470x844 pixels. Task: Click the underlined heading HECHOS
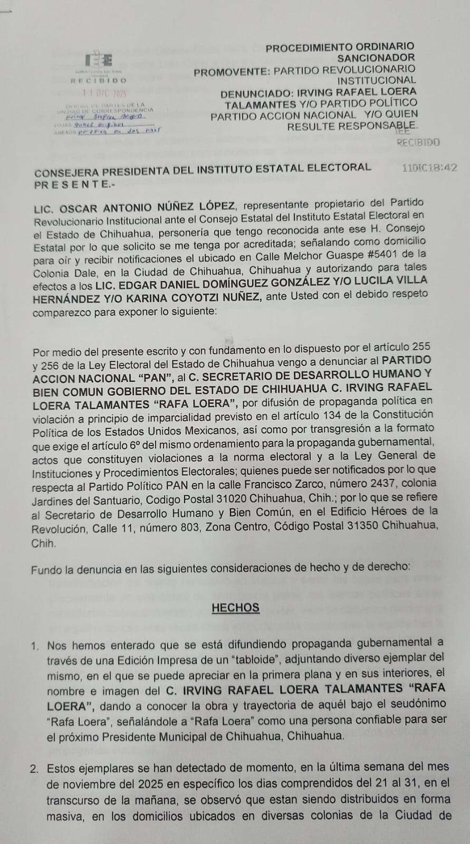click(235, 608)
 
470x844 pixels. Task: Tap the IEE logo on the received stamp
click(99, 59)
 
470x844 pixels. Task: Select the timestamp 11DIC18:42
click(429, 168)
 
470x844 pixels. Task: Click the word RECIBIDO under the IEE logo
click(99, 81)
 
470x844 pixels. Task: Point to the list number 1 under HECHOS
click(35, 646)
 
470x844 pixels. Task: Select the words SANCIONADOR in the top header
click(376, 57)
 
